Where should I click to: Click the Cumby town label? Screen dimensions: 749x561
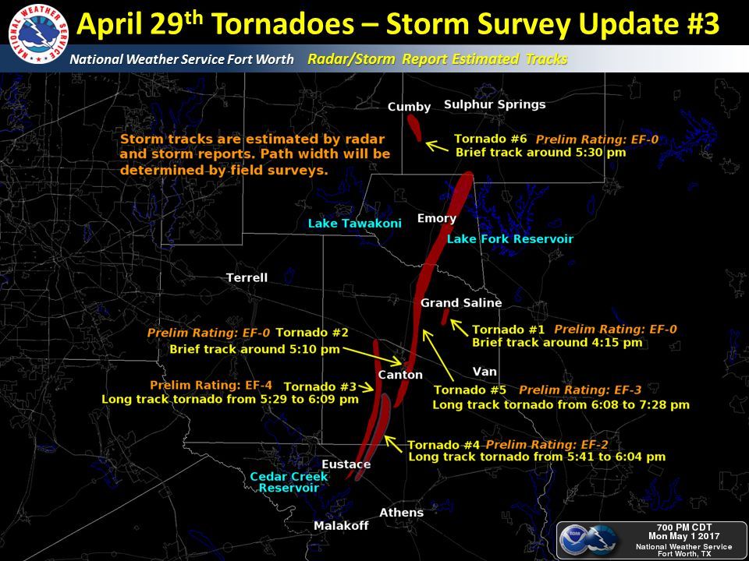click(409, 108)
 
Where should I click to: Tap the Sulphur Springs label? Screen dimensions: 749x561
click(495, 105)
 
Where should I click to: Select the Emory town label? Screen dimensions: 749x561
click(437, 219)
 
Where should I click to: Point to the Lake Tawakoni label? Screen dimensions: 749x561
click(354, 224)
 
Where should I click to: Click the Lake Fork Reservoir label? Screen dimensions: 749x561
click(509, 239)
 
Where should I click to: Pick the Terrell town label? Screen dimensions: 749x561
click(247, 277)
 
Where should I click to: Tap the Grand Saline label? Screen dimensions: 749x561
click(461, 303)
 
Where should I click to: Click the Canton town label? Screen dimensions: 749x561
click(400, 375)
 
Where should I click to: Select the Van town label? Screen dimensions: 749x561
click(485, 372)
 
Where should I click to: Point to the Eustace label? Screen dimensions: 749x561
click(346, 464)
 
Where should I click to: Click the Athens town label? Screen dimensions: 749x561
click(401, 513)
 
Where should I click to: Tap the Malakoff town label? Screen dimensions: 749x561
click(341, 526)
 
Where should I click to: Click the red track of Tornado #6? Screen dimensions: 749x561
click(414, 127)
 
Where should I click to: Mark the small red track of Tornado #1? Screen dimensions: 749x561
click(445, 317)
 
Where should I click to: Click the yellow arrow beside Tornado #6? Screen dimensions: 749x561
click(437, 146)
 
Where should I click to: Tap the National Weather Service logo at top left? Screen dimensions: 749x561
click(38, 34)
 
